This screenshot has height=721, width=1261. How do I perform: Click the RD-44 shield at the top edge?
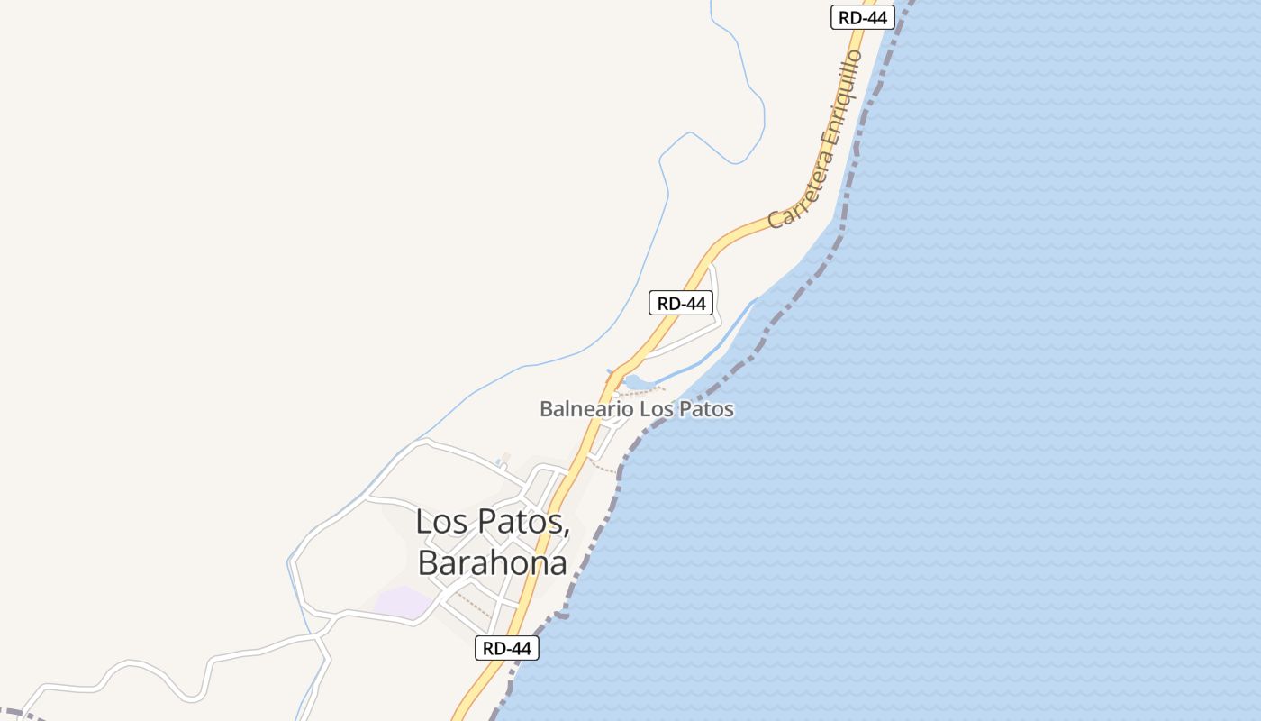862,17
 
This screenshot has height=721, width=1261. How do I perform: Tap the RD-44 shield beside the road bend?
681,303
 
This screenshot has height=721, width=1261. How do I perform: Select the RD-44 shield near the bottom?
507,647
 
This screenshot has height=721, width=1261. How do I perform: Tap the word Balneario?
586,409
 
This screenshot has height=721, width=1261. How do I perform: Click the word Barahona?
492,563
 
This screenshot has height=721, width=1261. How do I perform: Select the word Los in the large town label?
441,522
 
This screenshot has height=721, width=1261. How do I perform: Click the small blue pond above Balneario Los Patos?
635,382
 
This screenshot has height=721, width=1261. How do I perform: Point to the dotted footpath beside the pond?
644,391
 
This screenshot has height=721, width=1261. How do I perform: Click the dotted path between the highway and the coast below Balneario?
603,466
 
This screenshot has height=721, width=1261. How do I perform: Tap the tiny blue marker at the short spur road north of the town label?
497,463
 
